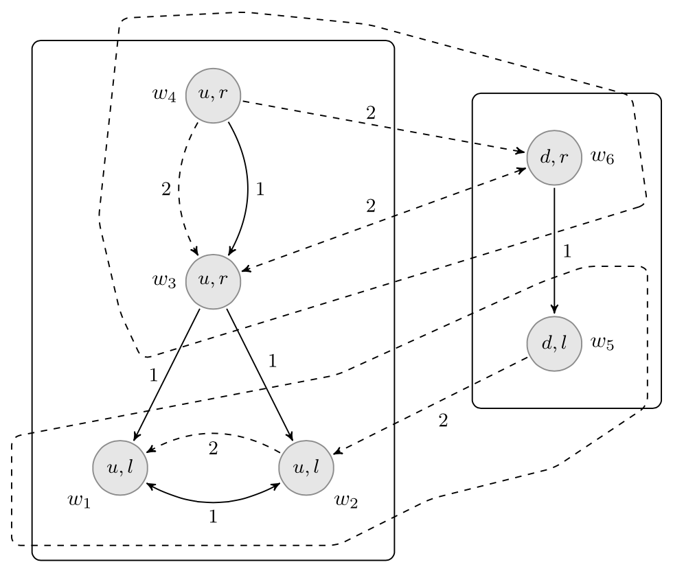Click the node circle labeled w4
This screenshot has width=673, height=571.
pyautogui.click(x=213, y=95)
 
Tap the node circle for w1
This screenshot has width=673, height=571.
pyautogui.click(x=121, y=467)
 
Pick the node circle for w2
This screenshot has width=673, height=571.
pyautogui.click(x=306, y=467)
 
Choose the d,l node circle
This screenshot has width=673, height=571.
pyautogui.click(x=554, y=344)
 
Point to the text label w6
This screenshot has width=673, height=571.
pyautogui.click(x=602, y=157)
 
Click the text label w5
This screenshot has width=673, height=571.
pyautogui.click(x=602, y=342)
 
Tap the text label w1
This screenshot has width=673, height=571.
pyautogui.click(x=78, y=499)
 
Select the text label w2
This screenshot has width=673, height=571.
pyautogui.click(x=345, y=499)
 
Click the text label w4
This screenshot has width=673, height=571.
pyautogui.click(x=164, y=94)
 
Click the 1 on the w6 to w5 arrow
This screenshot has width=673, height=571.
pyautogui.click(x=567, y=251)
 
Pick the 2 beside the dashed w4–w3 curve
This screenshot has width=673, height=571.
pyautogui.click(x=166, y=190)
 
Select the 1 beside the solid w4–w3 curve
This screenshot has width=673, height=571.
pyautogui.click(x=260, y=190)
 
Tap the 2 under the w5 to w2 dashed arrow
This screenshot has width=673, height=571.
pyautogui.click(x=443, y=421)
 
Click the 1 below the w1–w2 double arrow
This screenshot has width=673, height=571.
pyautogui.click(x=213, y=517)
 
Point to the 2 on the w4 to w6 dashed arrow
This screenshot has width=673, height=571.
pyautogui.click(x=371, y=113)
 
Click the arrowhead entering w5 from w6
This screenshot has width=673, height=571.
pyautogui.click(x=554, y=312)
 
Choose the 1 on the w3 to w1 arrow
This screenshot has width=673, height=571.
pyautogui.click(x=153, y=375)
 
